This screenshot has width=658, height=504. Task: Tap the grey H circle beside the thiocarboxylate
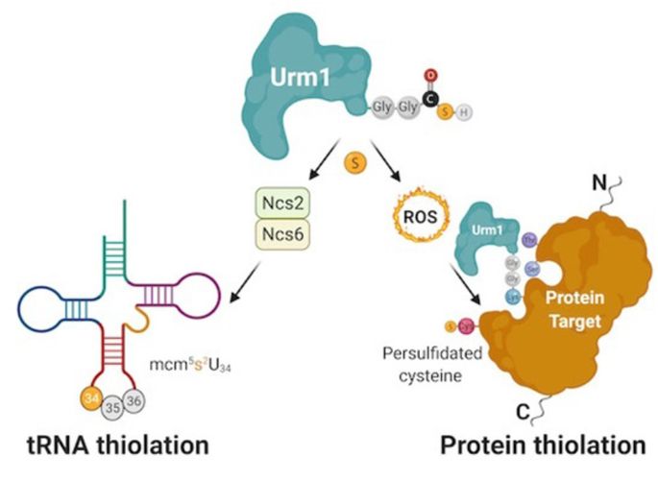465,113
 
